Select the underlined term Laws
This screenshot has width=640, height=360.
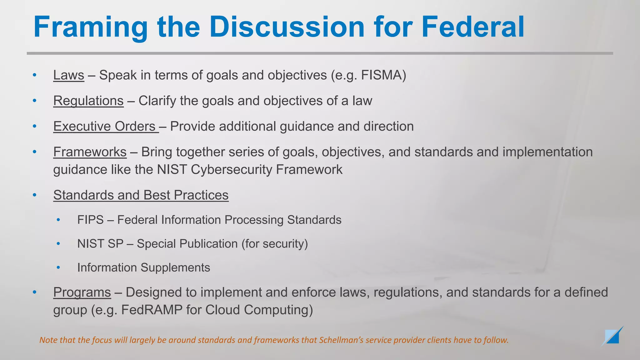point(69,75)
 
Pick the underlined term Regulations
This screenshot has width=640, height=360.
point(88,101)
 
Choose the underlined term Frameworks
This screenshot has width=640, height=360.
point(90,152)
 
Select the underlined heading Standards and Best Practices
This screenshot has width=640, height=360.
point(141,195)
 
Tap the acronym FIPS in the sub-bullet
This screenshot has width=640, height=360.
point(90,220)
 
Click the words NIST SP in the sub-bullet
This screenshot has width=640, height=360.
point(100,244)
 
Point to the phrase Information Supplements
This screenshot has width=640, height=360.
point(143,268)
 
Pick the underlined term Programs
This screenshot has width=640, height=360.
point(82,292)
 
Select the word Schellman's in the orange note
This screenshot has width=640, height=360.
point(341,340)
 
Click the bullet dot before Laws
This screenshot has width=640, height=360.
point(35,75)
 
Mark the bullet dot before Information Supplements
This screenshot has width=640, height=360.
point(58,267)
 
